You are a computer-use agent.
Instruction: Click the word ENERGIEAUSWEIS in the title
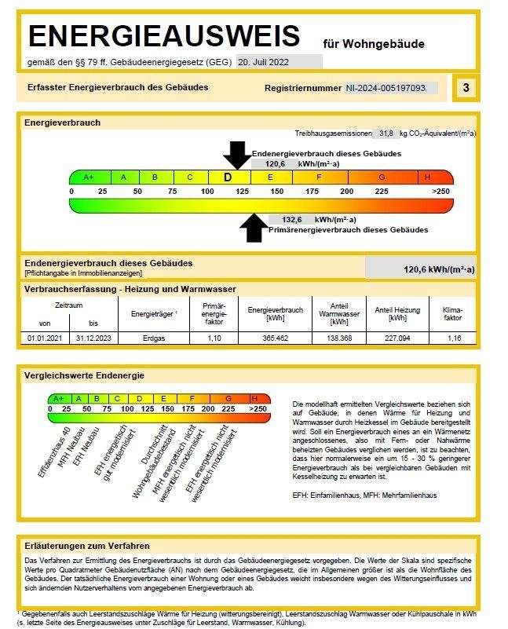point(163,36)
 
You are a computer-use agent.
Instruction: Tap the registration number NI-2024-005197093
point(391,88)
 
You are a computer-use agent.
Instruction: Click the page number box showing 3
point(466,88)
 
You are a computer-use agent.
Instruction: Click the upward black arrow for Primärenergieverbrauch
point(253,228)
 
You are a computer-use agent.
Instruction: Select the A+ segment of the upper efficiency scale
point(89,177)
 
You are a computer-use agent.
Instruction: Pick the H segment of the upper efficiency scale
point(427,177)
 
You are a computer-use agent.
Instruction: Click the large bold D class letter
point(228,177)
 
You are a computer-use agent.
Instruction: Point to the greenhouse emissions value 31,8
point(386,133)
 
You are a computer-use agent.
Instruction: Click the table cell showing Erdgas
point(153,337)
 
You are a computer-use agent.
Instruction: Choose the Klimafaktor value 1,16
point(454,337)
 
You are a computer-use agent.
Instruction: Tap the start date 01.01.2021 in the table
point(43,337)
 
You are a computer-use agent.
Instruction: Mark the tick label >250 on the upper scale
point(440,191)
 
